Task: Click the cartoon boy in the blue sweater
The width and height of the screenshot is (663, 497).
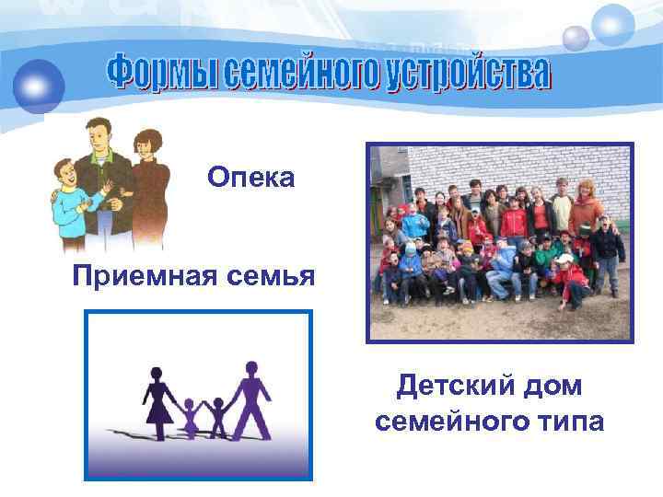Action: [x=69, y=198]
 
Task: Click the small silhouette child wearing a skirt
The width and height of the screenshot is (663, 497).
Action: [x=192, y=418]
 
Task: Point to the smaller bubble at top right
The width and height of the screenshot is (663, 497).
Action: [x=576, y=38]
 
